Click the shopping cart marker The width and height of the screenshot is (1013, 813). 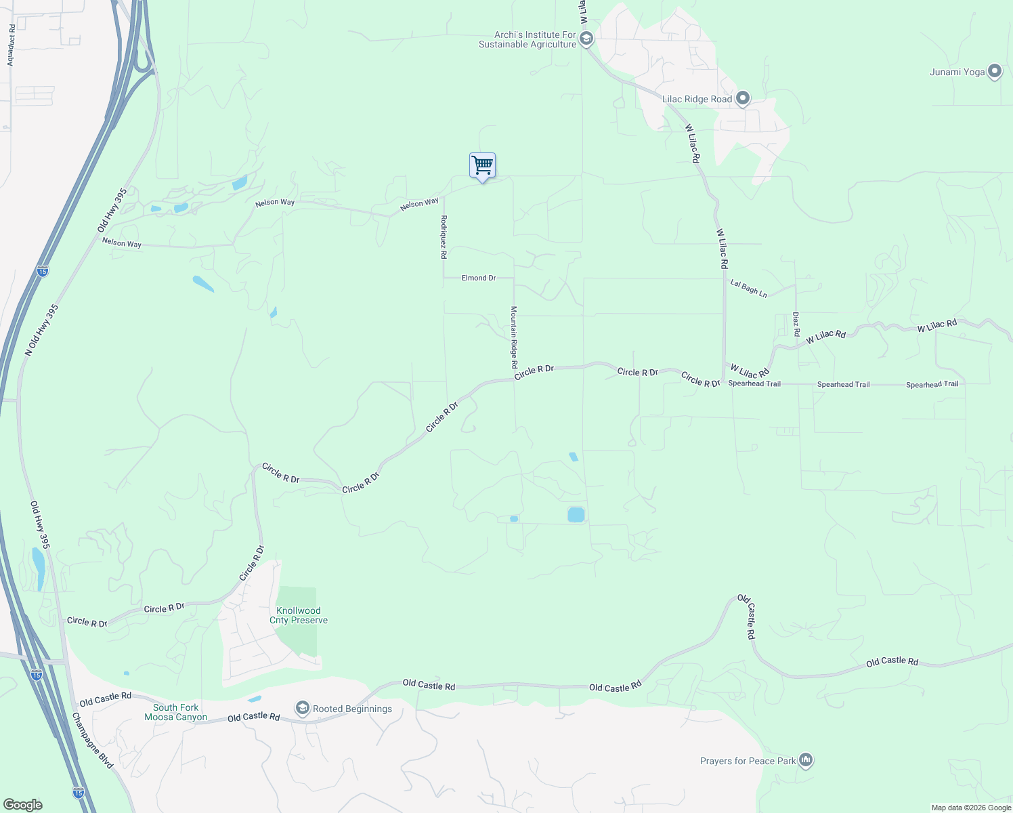(x=482, y=165)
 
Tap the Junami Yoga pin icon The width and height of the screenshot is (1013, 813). (x=994, y=71)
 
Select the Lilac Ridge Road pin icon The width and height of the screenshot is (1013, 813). (x=742, y=99)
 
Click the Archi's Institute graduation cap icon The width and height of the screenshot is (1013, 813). (x=586, y=39)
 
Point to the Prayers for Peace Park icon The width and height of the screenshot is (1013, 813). (x=805, y=760)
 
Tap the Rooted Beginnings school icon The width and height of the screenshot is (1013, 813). (x=303, y=709)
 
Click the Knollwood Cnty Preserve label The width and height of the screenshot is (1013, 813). (x=299, y=615)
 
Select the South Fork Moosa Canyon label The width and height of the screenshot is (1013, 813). (x=175, y=712)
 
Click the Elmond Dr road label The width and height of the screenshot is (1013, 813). (x=479, y=278)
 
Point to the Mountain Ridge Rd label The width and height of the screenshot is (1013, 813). (x=514, y=337)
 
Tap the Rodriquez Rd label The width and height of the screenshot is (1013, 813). (x=444, y=237)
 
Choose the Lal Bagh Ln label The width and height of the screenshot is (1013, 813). (x=748, y=288)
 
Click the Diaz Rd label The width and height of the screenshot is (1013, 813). (x=796, y=324)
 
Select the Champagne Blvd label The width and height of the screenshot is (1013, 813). (x=93, y=740)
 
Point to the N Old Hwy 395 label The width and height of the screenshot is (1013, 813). (x=42, y=330)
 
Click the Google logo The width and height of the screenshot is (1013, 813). (x=22, y=805)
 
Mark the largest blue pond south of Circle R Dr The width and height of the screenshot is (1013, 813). (x=576, y=515)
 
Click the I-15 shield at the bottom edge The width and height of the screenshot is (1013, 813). (x=79, y=792)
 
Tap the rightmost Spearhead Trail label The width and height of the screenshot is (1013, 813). (x=932, y=384)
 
